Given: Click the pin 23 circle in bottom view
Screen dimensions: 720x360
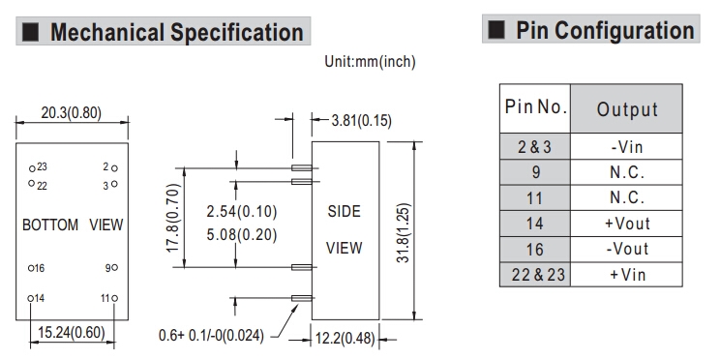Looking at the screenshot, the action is (x=32, y=168).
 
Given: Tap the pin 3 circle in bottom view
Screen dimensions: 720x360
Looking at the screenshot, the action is (x=114, y=184).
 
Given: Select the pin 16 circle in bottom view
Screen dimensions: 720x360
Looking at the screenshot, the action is (x=31, y=268).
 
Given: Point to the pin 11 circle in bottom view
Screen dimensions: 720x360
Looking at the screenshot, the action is (x=114, y=298).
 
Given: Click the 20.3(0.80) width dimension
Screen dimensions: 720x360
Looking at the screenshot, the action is (x=72, y=113).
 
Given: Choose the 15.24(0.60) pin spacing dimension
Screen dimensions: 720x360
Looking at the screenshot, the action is (x=72, y=332).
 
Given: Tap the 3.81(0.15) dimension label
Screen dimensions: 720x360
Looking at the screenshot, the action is (x=361, y=121).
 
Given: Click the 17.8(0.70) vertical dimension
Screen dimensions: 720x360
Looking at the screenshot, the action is (x=172, y=218).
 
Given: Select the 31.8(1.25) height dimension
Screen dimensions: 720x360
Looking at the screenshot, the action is (x=404, y=233).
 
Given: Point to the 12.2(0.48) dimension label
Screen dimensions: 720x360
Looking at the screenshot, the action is (x=345, y=340).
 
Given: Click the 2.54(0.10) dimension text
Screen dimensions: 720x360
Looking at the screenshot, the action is (x=242, y=212).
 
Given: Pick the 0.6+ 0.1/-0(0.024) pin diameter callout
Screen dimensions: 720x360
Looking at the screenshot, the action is (x=211, y=335).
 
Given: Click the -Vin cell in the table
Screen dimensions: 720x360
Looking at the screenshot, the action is (x=626, y=147).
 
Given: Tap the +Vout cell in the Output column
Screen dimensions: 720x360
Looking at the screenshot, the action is (x=626, y=224).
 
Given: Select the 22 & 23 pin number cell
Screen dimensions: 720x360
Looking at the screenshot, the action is (x=535, y=275).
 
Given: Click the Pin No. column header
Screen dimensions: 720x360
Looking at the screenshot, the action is (x=535, y=108).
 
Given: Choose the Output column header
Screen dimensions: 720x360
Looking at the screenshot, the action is (x=626, y=108).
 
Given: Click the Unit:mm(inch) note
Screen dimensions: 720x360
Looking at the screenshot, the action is (x=370, y=62).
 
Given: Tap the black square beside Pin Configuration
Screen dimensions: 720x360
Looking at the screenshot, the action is (x=496, y=29).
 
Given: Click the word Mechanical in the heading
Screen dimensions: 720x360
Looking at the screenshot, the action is (x=107, y=32).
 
